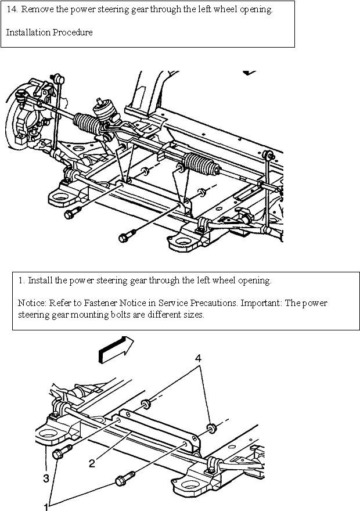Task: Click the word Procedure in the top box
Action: coord(73,33)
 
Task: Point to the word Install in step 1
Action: coord(40,281)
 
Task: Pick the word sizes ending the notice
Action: coord(192,314)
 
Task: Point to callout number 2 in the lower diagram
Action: coord(92,463)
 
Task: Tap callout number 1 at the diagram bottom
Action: coord(46,506)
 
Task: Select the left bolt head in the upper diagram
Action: coord(69,214)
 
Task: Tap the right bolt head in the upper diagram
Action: coord(124,237)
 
